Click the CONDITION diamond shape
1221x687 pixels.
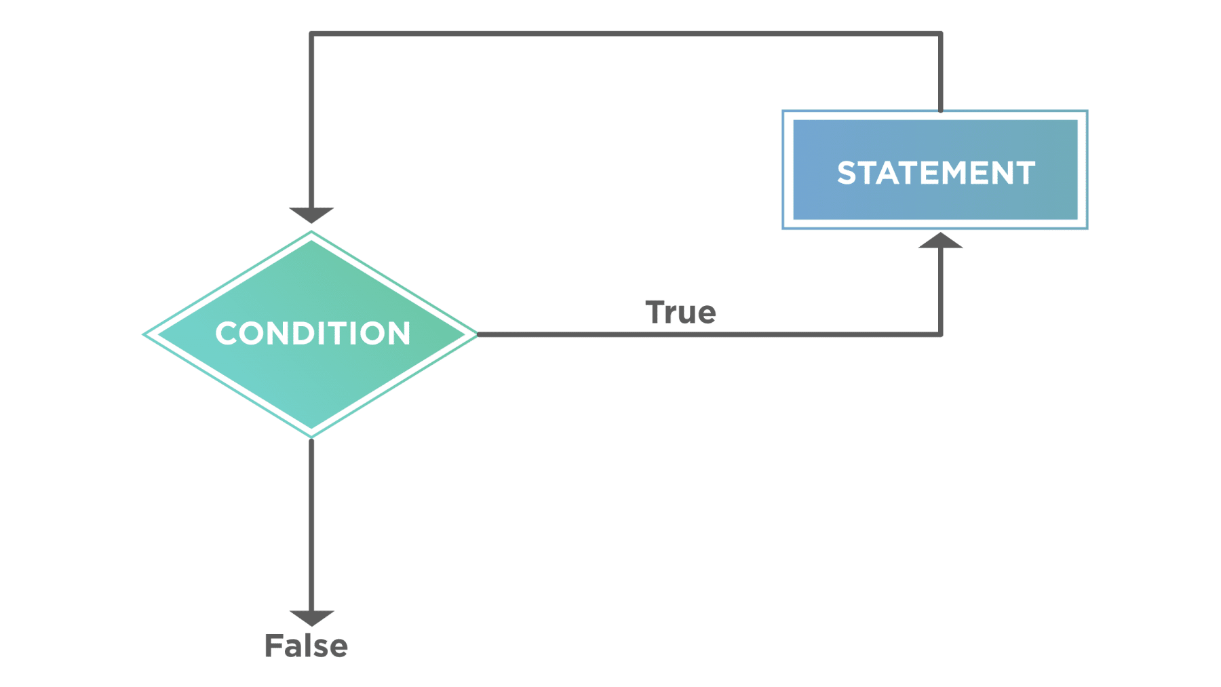point(311,366)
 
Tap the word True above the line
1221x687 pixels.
point(680,313)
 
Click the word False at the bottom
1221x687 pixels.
point(306,646)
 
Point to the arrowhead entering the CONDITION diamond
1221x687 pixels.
point(311,215)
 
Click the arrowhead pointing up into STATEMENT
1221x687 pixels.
point(941,241)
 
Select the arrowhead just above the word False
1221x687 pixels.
point(311,618)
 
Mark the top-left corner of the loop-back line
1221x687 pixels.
point(311,34)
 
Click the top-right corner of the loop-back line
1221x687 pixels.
point(941,34)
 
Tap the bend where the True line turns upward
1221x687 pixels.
point(941,335)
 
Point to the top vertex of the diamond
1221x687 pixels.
point(311,232)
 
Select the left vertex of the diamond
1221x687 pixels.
point(144,334)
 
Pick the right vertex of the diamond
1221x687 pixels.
point(478,334)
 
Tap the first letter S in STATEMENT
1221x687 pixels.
point(847,173)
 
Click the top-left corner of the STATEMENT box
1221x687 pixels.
point(783,111)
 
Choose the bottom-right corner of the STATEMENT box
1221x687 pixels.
point(1087,229)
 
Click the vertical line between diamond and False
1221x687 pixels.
point(311,522)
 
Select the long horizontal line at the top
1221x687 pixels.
point(624,34)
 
